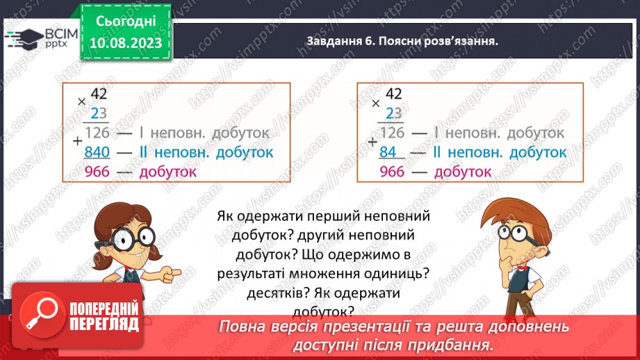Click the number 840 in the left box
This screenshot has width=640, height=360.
(x=97, y=152)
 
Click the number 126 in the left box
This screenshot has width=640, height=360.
(x=98, y=132)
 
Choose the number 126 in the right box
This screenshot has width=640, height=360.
(x=393, y=132)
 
